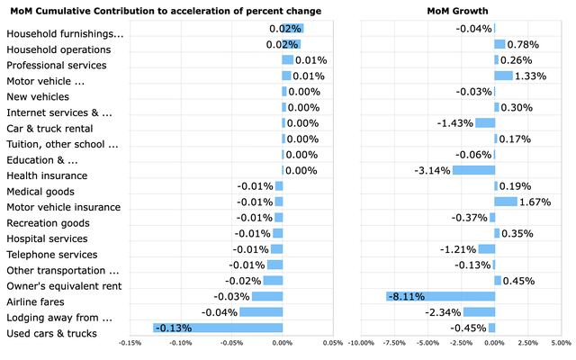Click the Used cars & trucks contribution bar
pyautogui.click(x=218, y=328)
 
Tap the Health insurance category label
pyautogui.click(x=47, y=175)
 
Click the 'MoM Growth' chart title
pyautogui.click(x=457, y=11)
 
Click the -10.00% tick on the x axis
pyautogui.click(x=361, y=342)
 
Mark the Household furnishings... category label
pyautogui.click(x=65, y=34)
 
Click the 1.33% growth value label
pyautogui.click(x=532, y=76)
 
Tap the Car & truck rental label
pyautogui.click(x=51, y=129)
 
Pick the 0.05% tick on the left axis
pyautogui.click(x=333, y=342)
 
